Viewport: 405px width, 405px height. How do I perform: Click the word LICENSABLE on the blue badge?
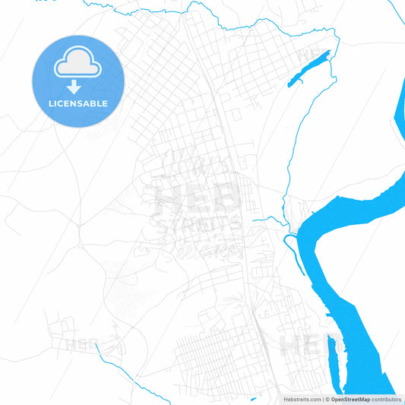(78, 103)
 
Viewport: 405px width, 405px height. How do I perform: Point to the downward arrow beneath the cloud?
(78, 84)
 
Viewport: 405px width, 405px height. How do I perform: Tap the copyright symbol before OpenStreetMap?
(327, 398)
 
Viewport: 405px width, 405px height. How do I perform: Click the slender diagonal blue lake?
(311, 66)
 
